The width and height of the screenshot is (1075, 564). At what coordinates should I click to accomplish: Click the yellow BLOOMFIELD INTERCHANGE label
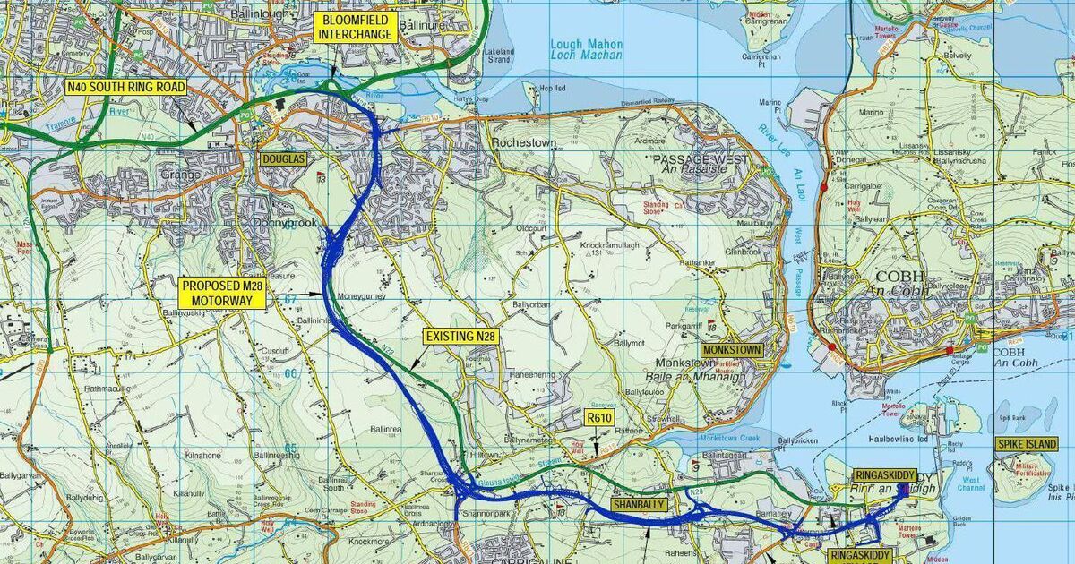[x=356, y=28]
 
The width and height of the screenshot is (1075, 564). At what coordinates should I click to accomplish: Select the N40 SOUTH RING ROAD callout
[x=125, y=87]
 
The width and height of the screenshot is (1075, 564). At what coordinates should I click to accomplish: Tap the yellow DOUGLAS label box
[x=283, y=159]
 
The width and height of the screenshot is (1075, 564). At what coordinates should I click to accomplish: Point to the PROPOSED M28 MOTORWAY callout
[x=222, y=293]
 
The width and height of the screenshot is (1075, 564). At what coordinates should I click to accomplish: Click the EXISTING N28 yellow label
[x=460, y=335]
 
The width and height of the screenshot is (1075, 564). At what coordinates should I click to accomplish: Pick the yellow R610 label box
[x=598, y=417]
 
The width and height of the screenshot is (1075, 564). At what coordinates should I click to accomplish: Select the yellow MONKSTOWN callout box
[x=731, y=350]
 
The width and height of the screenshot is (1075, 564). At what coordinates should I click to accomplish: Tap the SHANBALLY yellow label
[x=641, y=505]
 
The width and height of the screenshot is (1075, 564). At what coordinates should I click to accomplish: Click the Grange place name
[x=180, y=175]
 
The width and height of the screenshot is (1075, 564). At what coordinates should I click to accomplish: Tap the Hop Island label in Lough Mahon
[x=556, y=88]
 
